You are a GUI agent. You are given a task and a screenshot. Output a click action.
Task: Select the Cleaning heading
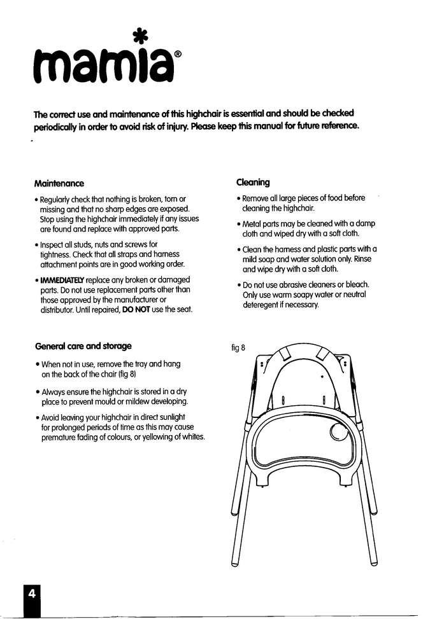pos(252,182)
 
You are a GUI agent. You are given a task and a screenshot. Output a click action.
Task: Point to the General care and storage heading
pos(83,346)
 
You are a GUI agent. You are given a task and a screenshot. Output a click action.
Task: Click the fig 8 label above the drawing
pos(238,347)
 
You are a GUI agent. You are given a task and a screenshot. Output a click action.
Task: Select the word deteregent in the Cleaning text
pos(262,305)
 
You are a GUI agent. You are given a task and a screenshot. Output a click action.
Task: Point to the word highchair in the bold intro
pos(204,113)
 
